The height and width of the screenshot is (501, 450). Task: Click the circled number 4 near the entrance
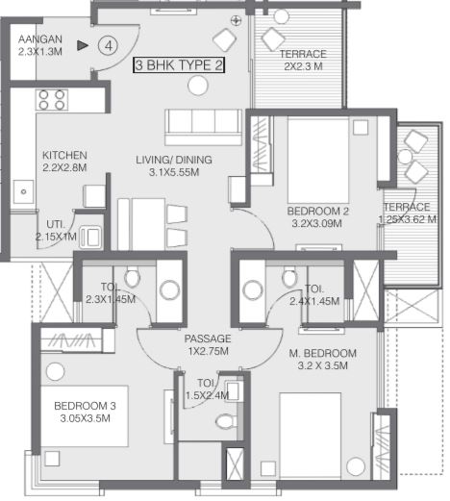[x=108, y=46]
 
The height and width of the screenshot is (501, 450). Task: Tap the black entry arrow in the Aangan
[x=83, y=45]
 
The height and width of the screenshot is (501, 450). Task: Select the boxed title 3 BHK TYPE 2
[x=179, y=65]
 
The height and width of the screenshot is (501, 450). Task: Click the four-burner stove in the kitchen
[x=52, y=100]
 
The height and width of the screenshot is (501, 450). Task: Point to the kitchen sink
[x=23, y=191]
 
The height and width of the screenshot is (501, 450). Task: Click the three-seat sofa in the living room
[x=203, y=127]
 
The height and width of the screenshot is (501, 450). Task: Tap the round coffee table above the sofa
[x=198, y=86]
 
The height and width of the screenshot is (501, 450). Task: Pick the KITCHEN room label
[x=64, y=155]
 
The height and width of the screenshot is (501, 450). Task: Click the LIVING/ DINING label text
[x=174, y=160]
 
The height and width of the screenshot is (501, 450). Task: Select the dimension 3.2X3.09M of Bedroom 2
[x=316, y=223]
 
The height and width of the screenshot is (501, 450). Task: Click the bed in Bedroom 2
[x=318, y=161]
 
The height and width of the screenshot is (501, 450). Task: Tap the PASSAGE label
[x=208, y=338]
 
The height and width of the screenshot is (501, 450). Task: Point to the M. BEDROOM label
[x=323, y=353]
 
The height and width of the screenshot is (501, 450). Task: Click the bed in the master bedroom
[x=310, y=436]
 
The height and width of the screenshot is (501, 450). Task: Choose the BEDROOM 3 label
[x=85, y=406]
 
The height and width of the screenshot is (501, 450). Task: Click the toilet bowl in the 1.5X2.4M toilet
[x=226, y=421]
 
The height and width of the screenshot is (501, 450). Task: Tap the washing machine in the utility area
[x=90, y=237]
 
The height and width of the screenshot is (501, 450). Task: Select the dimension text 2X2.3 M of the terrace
[x=303, y=66]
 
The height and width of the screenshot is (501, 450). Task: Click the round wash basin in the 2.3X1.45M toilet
[x=169, y=290]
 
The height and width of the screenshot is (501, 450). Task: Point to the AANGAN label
[x=40, y=39]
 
